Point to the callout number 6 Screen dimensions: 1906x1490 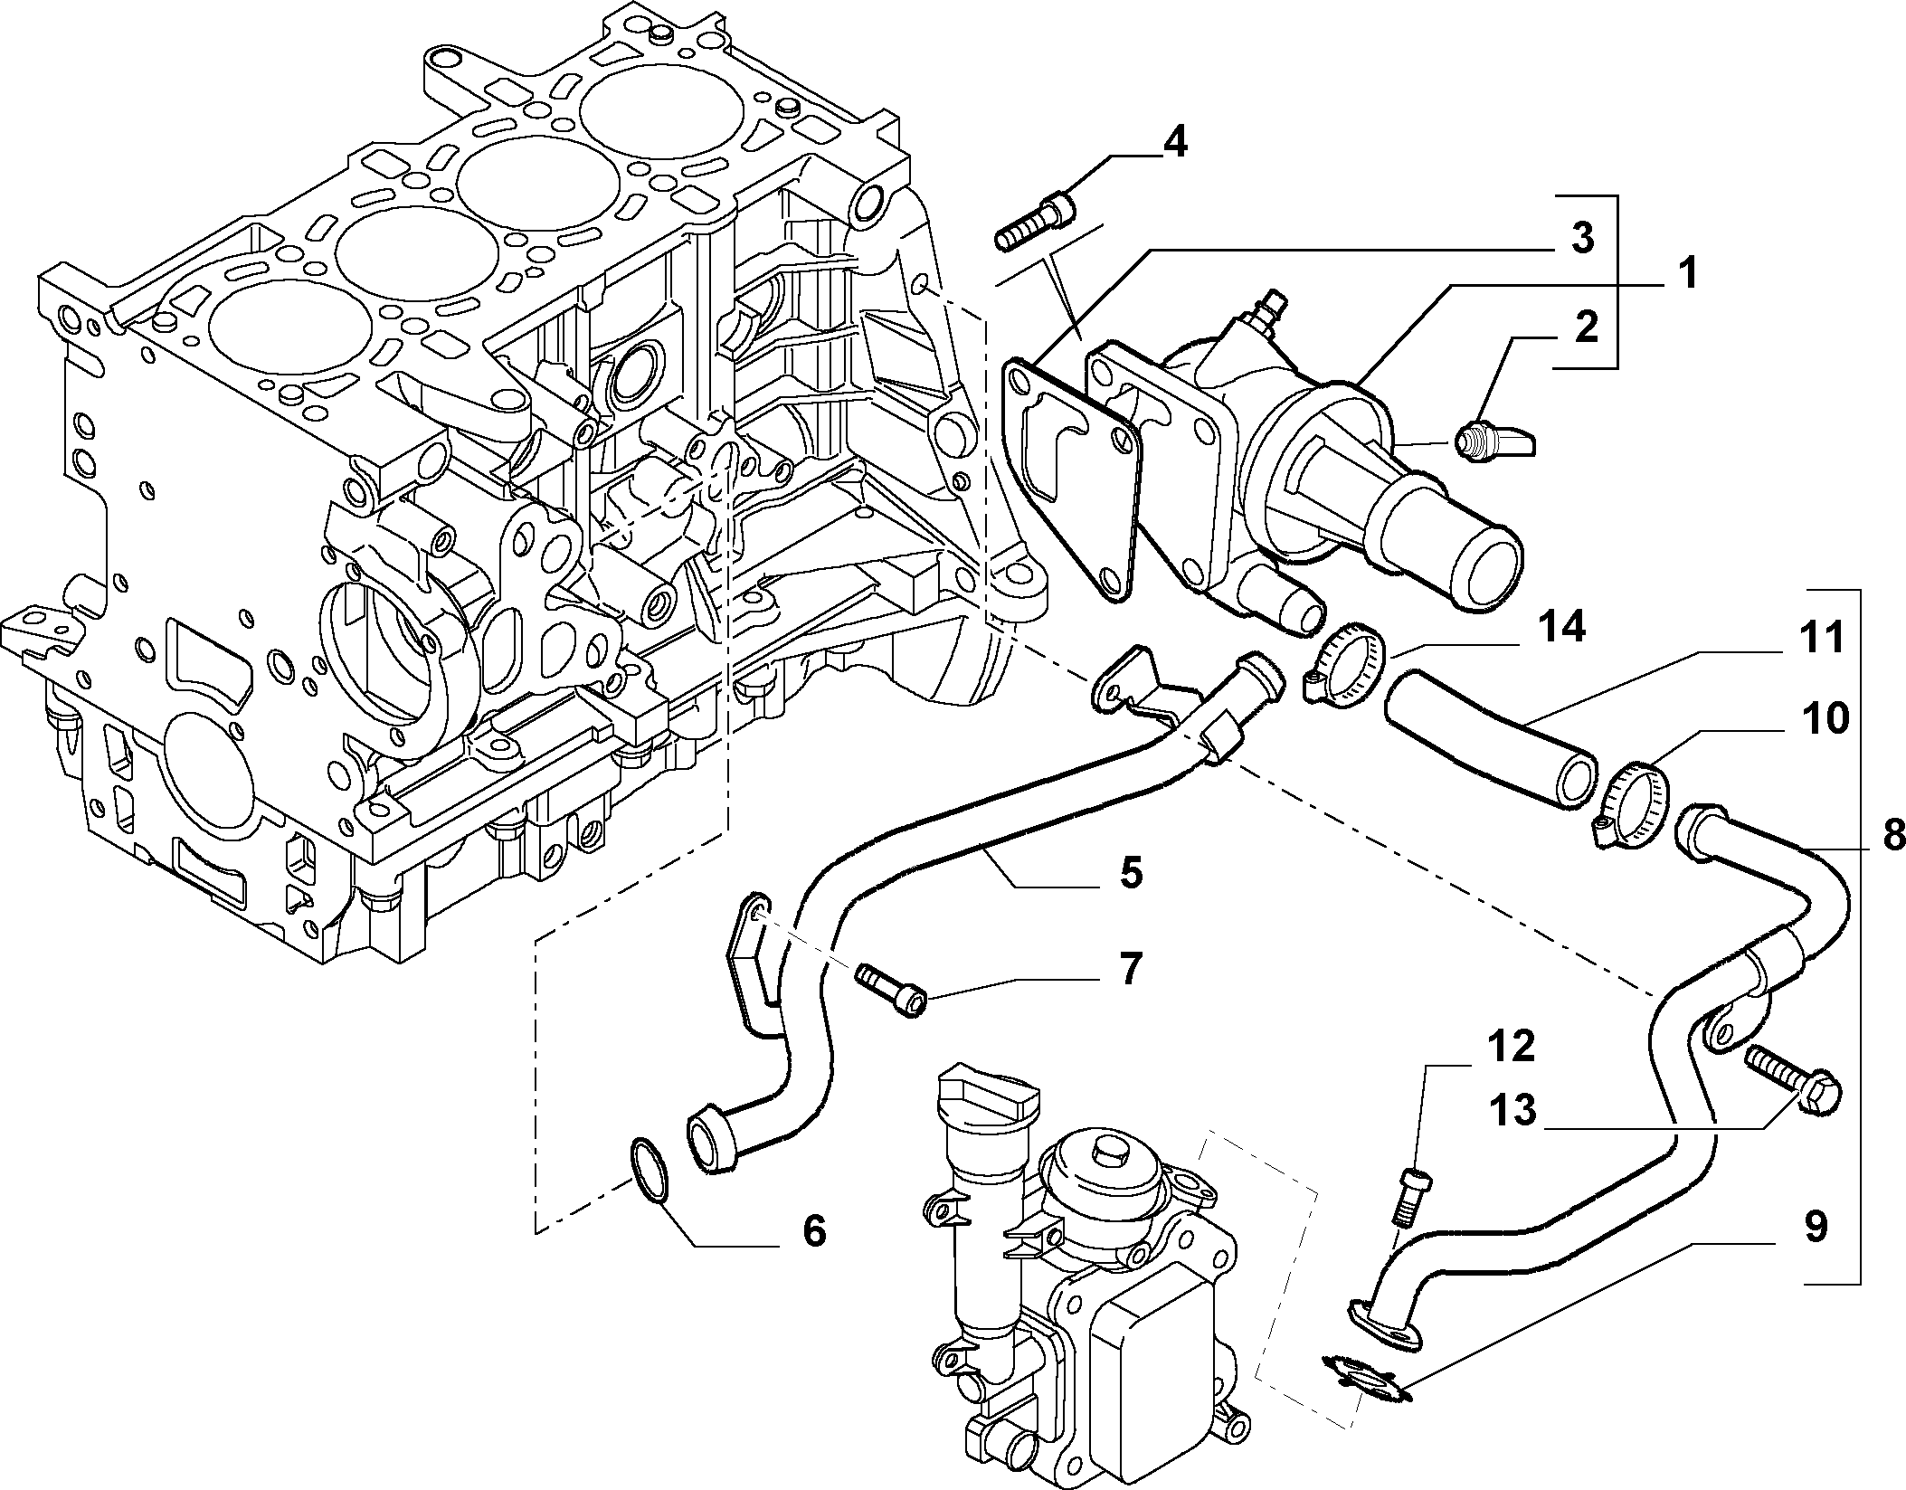pos(814,1232)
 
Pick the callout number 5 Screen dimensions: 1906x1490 pos(1130,874)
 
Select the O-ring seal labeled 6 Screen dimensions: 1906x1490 pos(649,1172)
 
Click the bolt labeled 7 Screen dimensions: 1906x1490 pos(891,990)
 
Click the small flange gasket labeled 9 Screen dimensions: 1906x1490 pos(1367,1378)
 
